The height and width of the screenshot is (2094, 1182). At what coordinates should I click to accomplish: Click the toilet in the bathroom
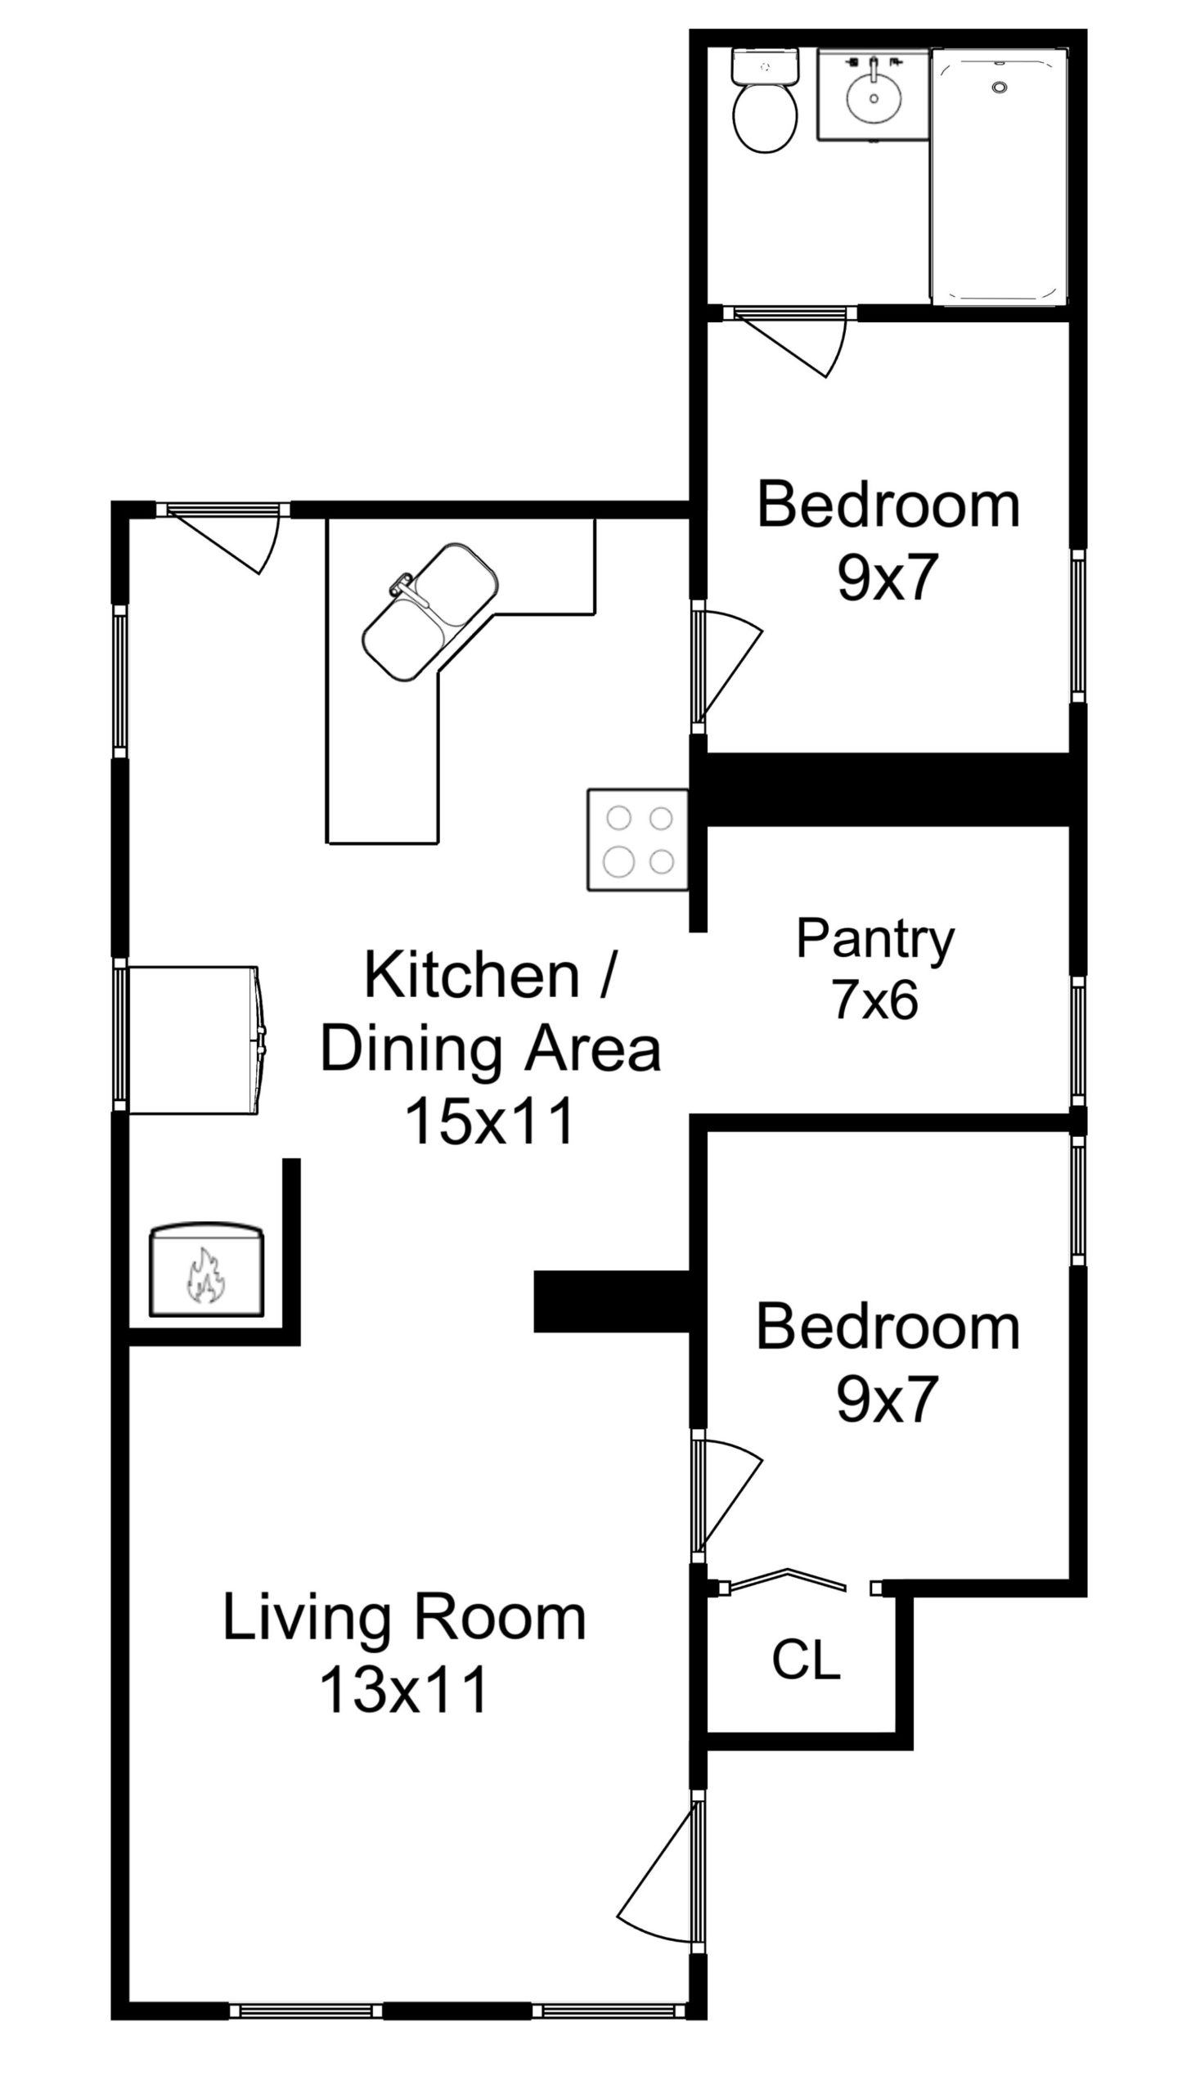766,100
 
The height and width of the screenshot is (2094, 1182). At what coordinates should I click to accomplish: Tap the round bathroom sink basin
874,97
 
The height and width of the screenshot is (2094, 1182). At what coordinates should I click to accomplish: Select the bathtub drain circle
999,87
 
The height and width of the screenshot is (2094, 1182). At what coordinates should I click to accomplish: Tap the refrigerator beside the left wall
197,1040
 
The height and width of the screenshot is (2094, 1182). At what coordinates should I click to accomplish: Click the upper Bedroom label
888,505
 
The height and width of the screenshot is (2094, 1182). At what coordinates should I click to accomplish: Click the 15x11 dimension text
489,1121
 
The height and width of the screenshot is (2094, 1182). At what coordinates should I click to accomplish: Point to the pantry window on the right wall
1078,1045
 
